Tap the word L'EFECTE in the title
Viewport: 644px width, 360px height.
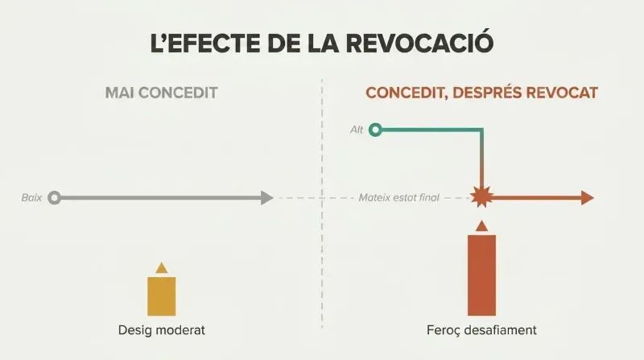tap(205, 43)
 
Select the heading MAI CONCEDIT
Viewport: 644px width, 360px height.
tap(162, 93)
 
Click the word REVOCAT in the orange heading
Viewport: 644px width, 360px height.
tap(561, 93)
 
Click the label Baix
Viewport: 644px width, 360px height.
tap(31, 197)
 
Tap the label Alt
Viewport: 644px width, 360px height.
tap(357, 130)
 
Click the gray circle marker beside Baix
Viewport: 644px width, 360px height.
tap(54, 197)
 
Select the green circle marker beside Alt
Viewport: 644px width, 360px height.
tap(375, 130)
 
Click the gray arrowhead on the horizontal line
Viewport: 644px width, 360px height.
tap(267, 197)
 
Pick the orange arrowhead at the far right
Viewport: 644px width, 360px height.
tap(588, 197)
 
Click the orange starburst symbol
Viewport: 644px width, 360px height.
tap(481, 197)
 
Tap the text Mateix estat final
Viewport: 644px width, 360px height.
tap(398, 197)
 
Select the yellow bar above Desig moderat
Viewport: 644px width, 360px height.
tap(162, 296)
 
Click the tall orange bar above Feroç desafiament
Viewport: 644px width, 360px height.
tap(481, 275)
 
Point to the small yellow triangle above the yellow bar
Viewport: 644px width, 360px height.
tap(162, 268)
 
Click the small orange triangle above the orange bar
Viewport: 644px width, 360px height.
tap(481, 226)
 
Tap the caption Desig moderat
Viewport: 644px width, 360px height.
tap(162, 330)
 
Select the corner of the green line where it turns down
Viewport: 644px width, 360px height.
tap(481, 130)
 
